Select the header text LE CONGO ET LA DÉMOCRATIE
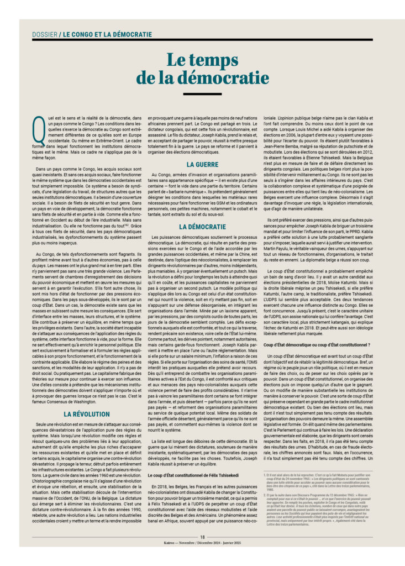[107, 34]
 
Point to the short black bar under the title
[202, 94]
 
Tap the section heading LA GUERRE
[202, 165]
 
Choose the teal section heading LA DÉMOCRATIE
[202, 227]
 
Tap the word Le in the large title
[180, 60]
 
